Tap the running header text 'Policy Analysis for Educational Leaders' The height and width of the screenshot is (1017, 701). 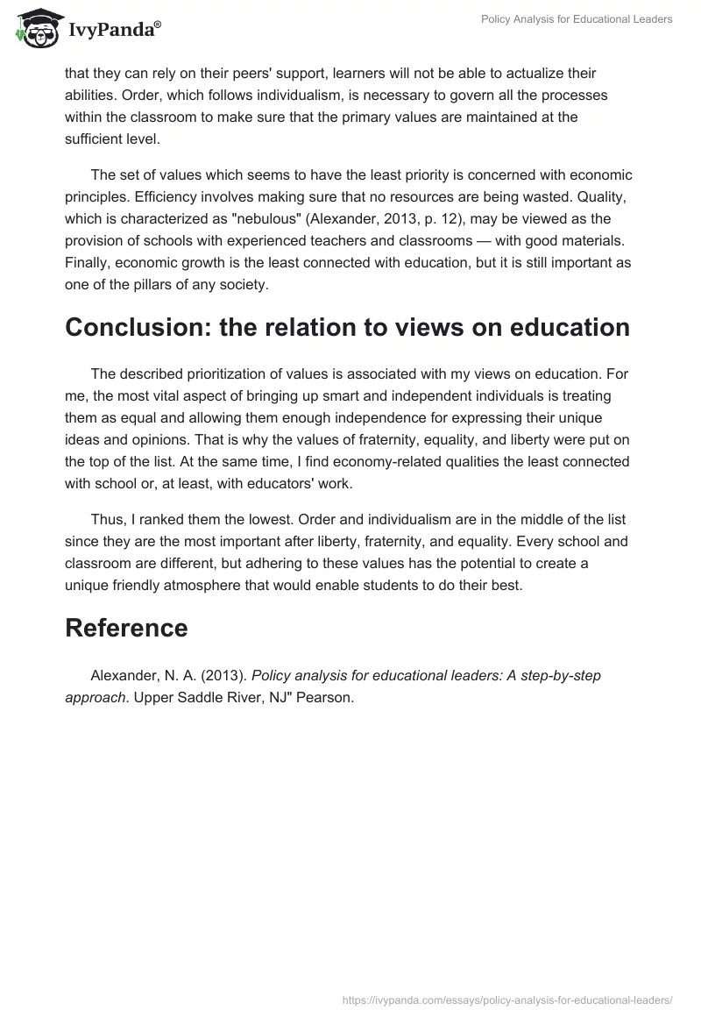tap(577, 19)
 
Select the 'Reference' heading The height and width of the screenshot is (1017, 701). tap(126, 628)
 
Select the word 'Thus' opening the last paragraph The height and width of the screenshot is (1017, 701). tap(107, 521)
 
